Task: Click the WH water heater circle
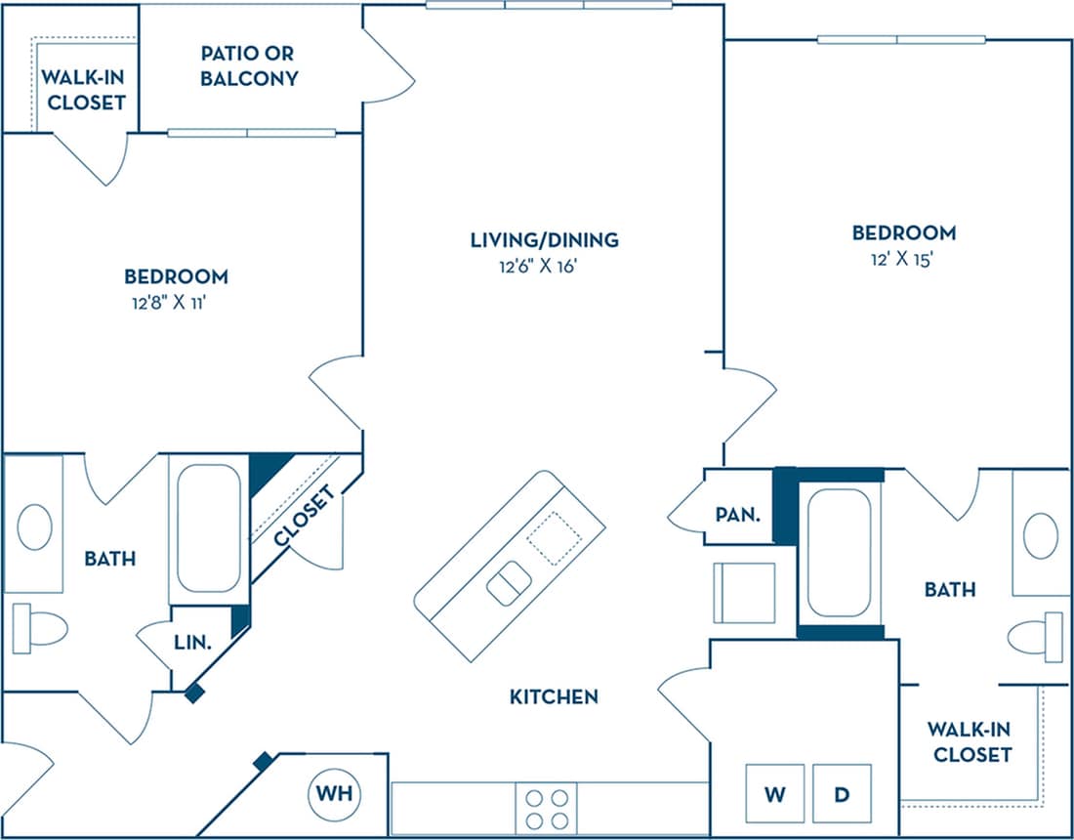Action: pyautogui.click(x=334, y=795)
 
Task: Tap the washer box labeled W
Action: pyautogui.click(x=774, y=794)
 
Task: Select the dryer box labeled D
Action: pyautogui.click(x=841, y=794)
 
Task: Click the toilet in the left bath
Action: pyautogui.click(x=39, y=628)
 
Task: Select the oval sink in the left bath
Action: pyautogui.click(x=34, y=527)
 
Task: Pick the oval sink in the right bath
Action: pyautogui.click(x=1040, y=536)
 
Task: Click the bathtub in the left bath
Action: pyautogui.click(x=208, y=528)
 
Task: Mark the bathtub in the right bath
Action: pyautogui.click(x=840, y=553)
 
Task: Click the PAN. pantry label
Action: pyautogui.click(x=737, y=514)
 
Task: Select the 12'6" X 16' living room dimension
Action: pyautogui.click(x=544, y=265)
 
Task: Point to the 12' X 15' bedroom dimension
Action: pyautogui.click(x=903, y=259)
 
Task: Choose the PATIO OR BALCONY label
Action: pyautogui.click(x=249, y=65)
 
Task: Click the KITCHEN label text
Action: pyautogui.click(x=554, y=696)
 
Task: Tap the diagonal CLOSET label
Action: pyautogui.click(x=305, y=517)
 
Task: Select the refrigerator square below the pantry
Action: pyautogui.click(x=744, y=593)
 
